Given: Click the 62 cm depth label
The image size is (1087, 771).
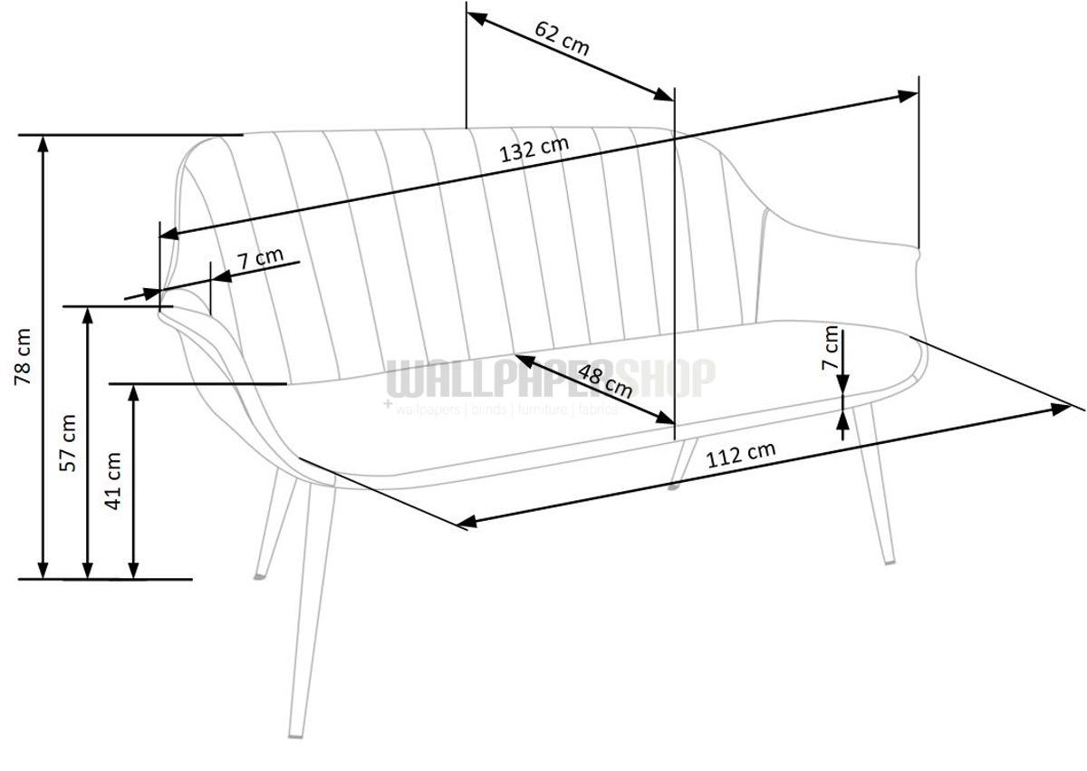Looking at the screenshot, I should (x=562, y=38).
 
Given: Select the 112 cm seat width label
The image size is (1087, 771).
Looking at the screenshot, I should (x=741, y=453).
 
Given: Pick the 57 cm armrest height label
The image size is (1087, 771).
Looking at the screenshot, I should (x=67, y=442).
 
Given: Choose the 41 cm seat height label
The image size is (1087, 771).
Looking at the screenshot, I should (x=113, y=481).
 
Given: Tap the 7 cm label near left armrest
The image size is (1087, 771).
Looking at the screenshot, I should (x=260, y=258).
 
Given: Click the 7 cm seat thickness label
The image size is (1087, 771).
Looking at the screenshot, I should (x=829, y=349).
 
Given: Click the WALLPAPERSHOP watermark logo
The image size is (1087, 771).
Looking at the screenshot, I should (x=551, y=379).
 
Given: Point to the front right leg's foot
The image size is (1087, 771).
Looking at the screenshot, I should (x=890, y=561).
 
